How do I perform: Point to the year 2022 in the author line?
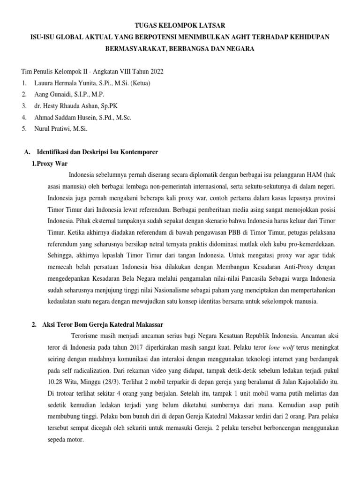pos(155,71)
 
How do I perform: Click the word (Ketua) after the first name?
pos(139,83)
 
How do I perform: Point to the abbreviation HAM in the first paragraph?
pos(313,175)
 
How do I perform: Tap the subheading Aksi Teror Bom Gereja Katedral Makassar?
pos(102,325)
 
